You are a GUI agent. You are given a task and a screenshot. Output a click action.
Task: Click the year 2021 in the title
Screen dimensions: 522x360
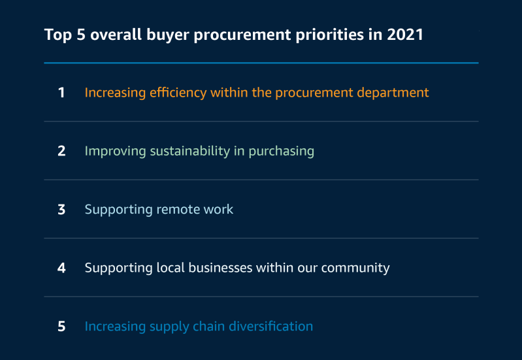pyautogui.click(x=405, y=35)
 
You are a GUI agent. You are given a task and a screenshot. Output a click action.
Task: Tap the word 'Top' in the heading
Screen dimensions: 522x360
pyautogui.click(x=58, y=35)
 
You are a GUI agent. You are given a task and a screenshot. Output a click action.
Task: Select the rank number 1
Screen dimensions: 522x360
pyautogui.click(x=61, y=93)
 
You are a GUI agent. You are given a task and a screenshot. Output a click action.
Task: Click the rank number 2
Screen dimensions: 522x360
pyautogui.click(x=61, y=151)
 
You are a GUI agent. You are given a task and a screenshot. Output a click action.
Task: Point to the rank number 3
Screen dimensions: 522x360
pyautogui.click(x=61, y=210)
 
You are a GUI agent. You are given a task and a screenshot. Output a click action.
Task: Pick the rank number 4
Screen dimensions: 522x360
pyautogui.click(x=61, y=268)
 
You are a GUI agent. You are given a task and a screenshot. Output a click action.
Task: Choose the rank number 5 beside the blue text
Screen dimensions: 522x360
pyautogui.click(x=61, y=327)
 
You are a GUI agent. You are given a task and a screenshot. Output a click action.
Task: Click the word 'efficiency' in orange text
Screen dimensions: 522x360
pyautogui.click(x=178, y=93)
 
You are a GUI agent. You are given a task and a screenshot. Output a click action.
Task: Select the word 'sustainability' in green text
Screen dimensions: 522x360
pyautogui.click(x=189, y=151)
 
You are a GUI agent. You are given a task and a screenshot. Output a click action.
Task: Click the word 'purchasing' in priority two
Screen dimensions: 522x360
pyautogui.click(x=282, y=152)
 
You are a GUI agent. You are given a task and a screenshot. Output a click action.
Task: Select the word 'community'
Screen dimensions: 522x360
pyautogui.click(x=355, y=269)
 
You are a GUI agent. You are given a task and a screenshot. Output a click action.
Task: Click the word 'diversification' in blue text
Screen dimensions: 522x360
pyautogui.click(x=271, y=327)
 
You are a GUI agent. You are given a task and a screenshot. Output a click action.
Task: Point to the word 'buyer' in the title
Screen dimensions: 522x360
pyautogui.click(x=168, y=35)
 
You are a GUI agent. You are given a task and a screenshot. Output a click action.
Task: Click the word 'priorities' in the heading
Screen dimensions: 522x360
pyautogui.click(x=329, y=35)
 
